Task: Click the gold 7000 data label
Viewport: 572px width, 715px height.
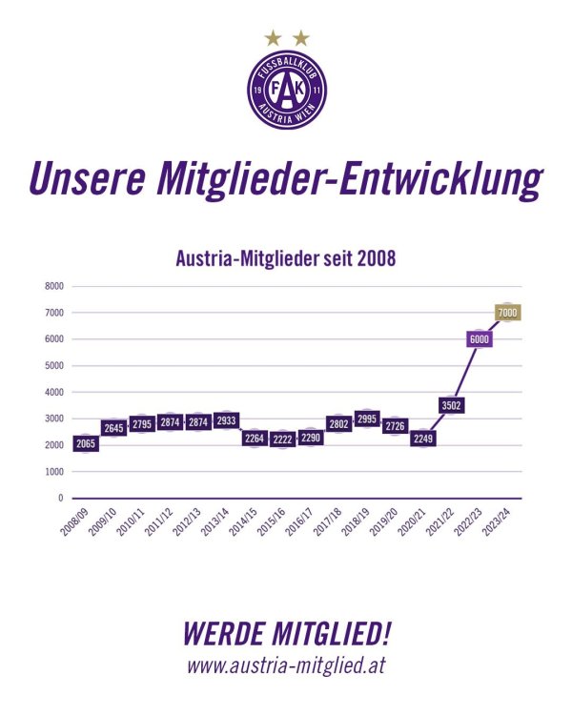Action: [507, 313]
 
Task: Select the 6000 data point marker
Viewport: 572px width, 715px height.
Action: [479, 339]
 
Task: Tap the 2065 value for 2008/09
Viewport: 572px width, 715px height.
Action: [86, 443]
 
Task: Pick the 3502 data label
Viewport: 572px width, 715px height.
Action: [451, 405]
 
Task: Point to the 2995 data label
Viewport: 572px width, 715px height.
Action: [367, 419]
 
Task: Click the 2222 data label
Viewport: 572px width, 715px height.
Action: [282, 439]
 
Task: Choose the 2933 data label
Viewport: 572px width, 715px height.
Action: [226, 420]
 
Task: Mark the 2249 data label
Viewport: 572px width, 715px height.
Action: [422, 439]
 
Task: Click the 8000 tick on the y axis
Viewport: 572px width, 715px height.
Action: [54, 285]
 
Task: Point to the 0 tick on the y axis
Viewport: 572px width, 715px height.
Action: [60, 498]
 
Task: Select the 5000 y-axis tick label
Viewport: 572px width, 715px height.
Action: [54, 365]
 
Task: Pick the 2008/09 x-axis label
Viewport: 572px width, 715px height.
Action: [81, 520]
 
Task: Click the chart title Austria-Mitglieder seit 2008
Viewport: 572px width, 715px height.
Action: [285, 257]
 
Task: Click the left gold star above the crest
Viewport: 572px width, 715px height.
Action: [273, 38]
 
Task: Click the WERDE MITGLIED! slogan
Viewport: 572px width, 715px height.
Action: [285, 633]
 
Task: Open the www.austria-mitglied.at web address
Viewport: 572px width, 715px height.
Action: [285, 665]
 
